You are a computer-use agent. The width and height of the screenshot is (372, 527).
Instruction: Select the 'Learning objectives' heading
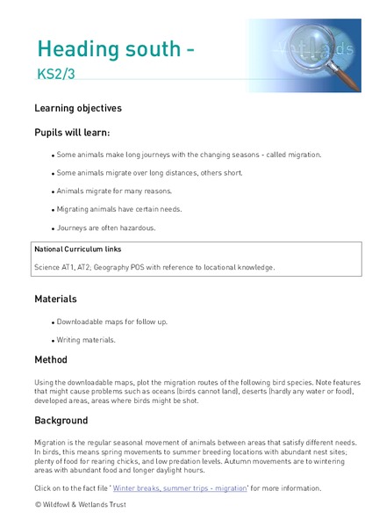78,109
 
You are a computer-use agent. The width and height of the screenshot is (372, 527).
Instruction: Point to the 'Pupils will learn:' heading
72,133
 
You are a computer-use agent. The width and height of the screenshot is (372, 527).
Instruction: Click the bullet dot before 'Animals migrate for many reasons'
53,191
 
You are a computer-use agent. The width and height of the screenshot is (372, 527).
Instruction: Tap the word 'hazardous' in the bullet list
134,227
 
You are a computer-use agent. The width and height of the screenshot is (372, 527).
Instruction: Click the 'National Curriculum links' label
78,249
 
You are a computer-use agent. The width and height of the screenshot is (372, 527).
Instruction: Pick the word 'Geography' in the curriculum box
134,267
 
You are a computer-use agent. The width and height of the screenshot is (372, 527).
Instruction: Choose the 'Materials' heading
55,300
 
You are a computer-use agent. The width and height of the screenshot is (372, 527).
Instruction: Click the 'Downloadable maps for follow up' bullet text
112,321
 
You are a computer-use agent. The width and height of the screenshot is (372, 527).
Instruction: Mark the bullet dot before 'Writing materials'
53,340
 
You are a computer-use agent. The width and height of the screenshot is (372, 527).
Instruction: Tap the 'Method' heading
51,360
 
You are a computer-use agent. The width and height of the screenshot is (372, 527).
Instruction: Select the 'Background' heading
61,421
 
